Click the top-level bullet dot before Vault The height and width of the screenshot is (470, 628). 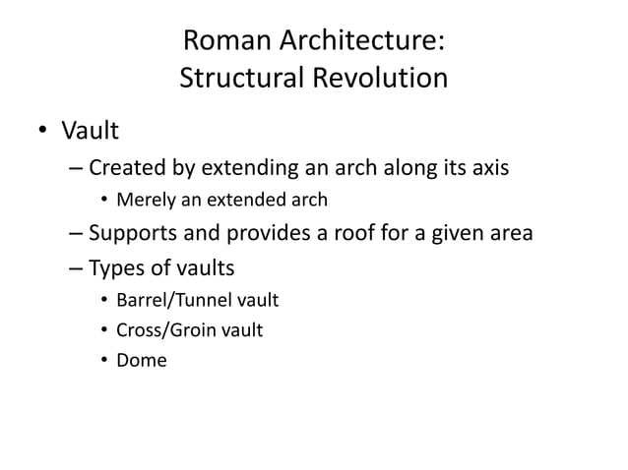click(42, 131)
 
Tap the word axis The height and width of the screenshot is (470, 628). click(488, 167)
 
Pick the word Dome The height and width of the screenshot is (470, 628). click(142, 360)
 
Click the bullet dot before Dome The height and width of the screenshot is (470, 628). click(104, 360)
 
